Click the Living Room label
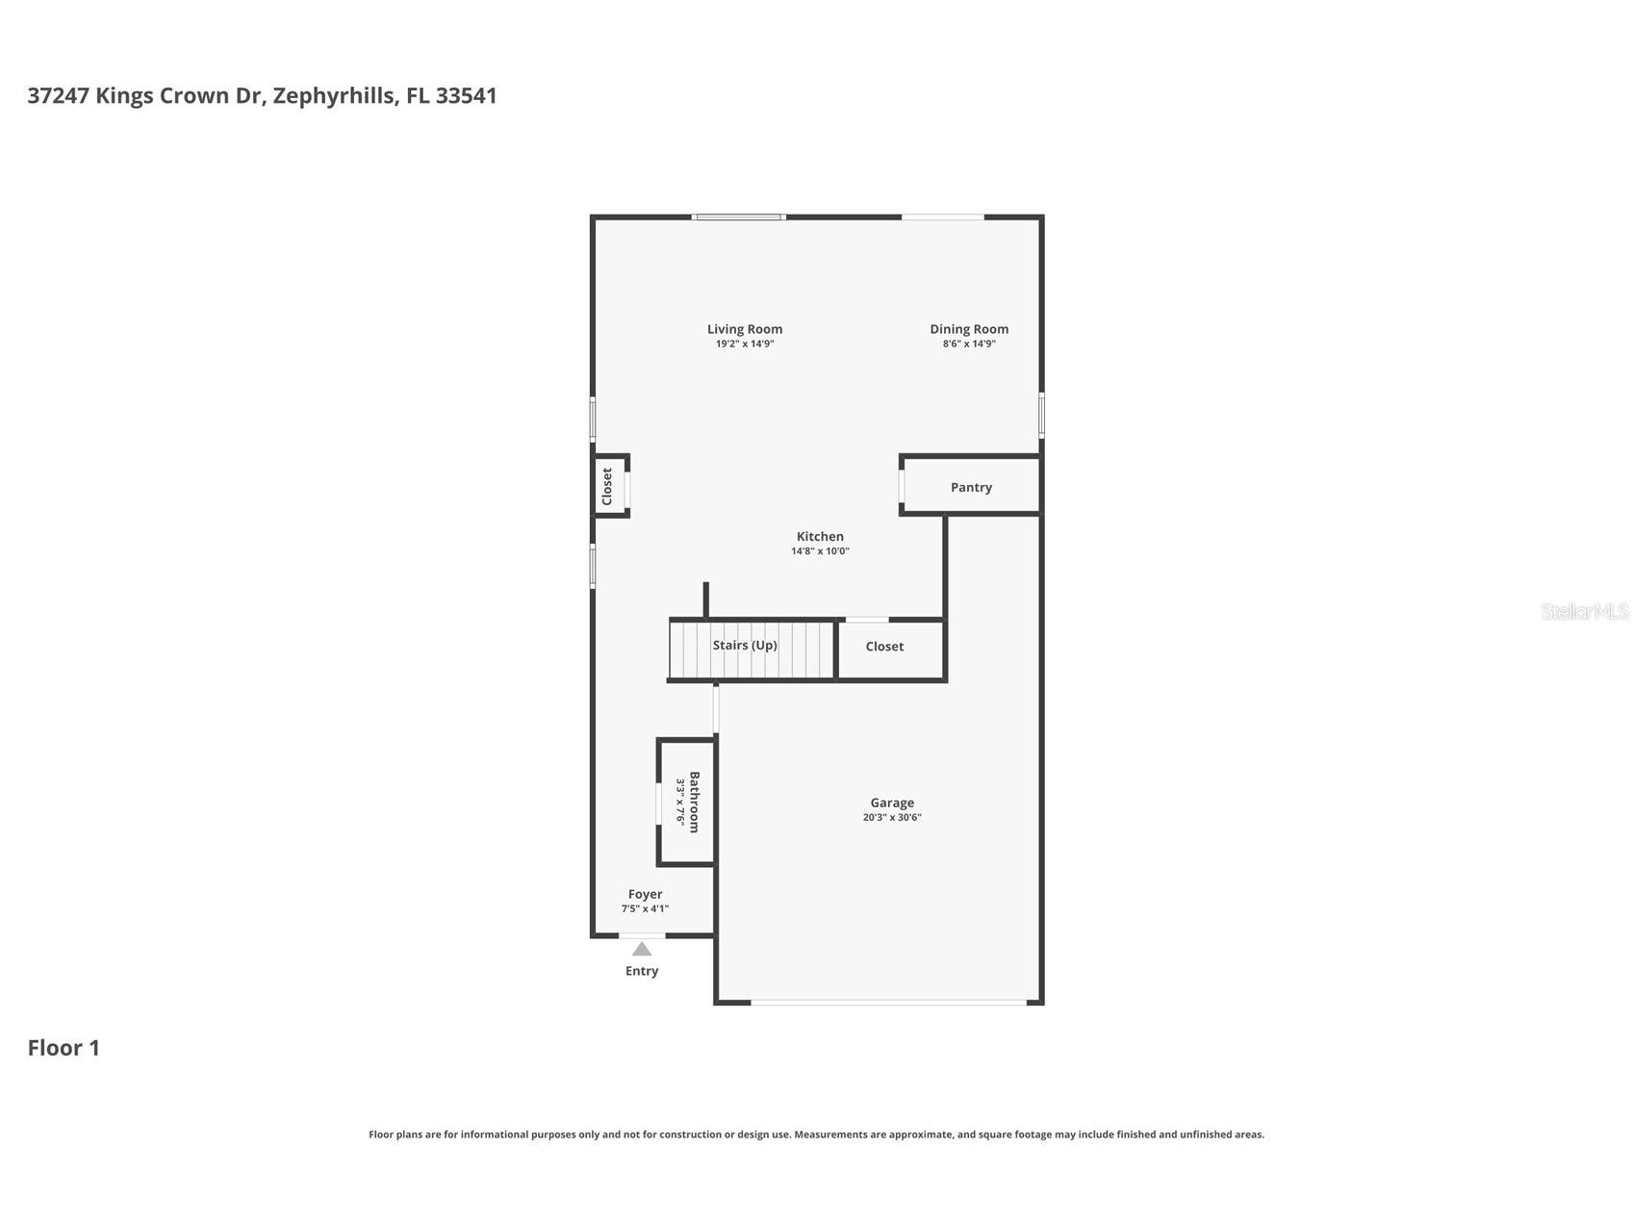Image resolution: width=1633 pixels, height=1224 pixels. pyautogui.click(x=744, y=329)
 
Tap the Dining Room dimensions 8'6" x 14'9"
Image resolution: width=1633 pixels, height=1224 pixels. pyautogui.click(x=968, y=344)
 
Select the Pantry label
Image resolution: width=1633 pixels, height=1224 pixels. pyautogui.click(x=971, y=487)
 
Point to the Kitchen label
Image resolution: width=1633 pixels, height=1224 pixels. pyautogui.click(x=820, y=537)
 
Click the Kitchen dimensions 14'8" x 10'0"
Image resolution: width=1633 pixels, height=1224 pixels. pyautogui.click(x=820, y=551)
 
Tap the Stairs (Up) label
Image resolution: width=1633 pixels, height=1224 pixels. pyautogui.click(x=745, y=645)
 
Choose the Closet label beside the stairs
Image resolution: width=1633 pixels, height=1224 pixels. pyautogui.click(x=884, y=647)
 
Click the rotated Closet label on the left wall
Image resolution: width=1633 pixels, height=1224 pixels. pyautogui.click(x=607, y=486)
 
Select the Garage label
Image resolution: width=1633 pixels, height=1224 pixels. pyautogui.click(x=892, y=803)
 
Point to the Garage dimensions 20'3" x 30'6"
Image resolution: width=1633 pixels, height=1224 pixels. pyautogui.click(x=892, y=817)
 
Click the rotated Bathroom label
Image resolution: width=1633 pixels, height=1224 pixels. pyautogui.click(x=694, y=802)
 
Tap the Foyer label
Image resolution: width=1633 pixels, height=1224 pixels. pyautogui.click(x=645, y=894)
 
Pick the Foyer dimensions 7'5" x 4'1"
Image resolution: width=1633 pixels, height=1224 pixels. pyautogui.click(x=645, y=908)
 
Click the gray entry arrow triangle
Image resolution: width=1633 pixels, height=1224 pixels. pyautogui.click(x=642, y=950)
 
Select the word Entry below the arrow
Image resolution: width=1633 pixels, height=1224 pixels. pyautogui.click(x=642, y=971)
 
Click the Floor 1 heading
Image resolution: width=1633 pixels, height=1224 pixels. pyautogui.click(x=64, y=1048)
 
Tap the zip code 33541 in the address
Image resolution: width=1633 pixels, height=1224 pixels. pyautogui.click(x=466, y=95)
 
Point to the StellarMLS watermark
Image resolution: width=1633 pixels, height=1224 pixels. pyautogui.click(x=1584, y=611)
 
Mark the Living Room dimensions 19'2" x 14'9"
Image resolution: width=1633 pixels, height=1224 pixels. pyautogui.click(x=744, y=344)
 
